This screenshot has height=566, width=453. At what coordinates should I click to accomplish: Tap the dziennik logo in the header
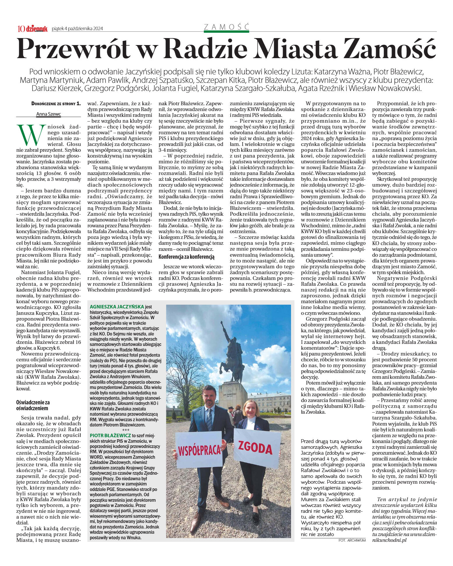coord(37,28)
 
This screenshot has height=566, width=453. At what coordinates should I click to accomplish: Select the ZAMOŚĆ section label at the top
coord(226,27)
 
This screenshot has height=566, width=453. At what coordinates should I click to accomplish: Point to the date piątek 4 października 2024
coord(77,28)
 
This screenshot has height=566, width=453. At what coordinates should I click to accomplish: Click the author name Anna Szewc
coord(49,114)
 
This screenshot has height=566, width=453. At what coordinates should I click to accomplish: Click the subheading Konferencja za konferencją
coord(186,257)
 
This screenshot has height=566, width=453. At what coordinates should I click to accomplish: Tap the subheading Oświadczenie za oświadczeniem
coord(33,405)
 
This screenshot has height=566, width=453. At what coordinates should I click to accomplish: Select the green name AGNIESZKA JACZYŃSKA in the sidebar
coord(117,307)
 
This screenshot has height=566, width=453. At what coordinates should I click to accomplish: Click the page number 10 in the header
coord(21,28)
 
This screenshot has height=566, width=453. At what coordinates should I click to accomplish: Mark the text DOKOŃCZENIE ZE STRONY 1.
coord(56,103)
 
